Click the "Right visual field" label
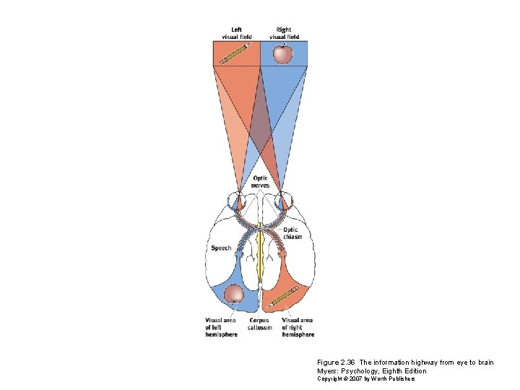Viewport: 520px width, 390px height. coord(284,33)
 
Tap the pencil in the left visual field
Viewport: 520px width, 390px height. coord(235,54)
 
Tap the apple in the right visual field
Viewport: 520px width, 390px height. coord(283,53)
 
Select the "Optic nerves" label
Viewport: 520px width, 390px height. coord(260,182)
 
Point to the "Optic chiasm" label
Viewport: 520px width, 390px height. coord(292,233)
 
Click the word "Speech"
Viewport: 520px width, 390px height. coord(221,248)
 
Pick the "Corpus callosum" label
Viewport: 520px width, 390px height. coord(260,324)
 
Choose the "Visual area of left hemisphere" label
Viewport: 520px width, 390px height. coord(220,328)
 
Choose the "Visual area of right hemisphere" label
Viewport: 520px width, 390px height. coord(298,328)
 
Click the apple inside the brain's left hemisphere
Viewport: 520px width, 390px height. coord(234,294)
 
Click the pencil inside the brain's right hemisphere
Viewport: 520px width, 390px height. coord(284,295)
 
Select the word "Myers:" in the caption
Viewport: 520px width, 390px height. coord(328,371)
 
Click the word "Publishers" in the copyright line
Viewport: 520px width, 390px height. coord(401,379)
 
